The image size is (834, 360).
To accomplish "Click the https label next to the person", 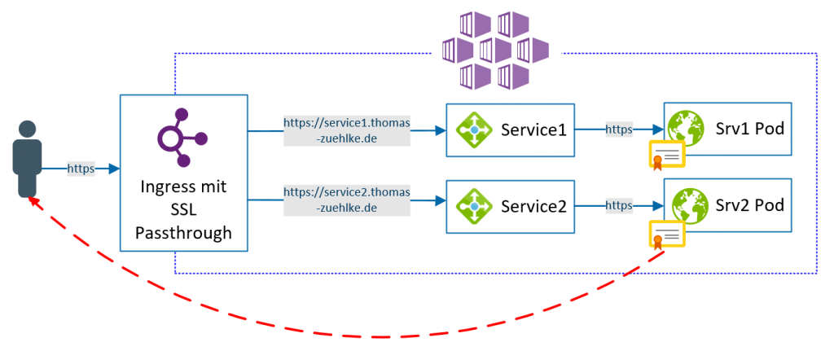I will pyautogui.click(x=81, y=169).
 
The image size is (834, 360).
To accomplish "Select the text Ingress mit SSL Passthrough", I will pyautogui.click(x=183, y=210).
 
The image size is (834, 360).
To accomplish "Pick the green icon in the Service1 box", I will pyautogui.click(x=473, y=129).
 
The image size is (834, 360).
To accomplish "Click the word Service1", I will pyautogui.click(x=533, y=130).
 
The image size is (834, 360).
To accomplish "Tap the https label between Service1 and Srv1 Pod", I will pyautogui.click(x=619, y=129).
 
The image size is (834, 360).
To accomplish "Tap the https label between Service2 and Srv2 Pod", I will pyautogui.click(x=619, y=206).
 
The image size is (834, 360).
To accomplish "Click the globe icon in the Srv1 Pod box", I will pyautogui.click(x=685, y=128).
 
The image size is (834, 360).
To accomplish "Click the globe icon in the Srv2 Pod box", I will pyautogui.click(x=685, y=204).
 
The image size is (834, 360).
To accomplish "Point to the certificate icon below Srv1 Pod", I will pyautogui.click(x=667, y=155).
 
